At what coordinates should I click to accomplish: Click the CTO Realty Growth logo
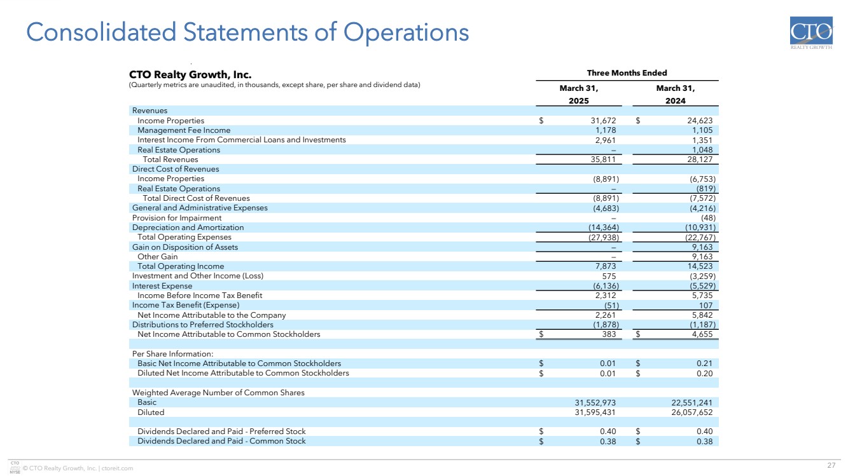(810, 33)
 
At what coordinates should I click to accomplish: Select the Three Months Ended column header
(627, 73)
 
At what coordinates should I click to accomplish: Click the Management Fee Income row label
(184, 130)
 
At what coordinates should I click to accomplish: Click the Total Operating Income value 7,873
(602, 266)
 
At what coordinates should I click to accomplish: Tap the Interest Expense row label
(162, 286)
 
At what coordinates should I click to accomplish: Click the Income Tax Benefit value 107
(705, 305)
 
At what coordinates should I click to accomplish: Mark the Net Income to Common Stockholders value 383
(608, 334)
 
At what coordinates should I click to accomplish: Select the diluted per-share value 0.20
(704, 373)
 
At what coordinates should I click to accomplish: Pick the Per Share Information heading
(172, 354)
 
